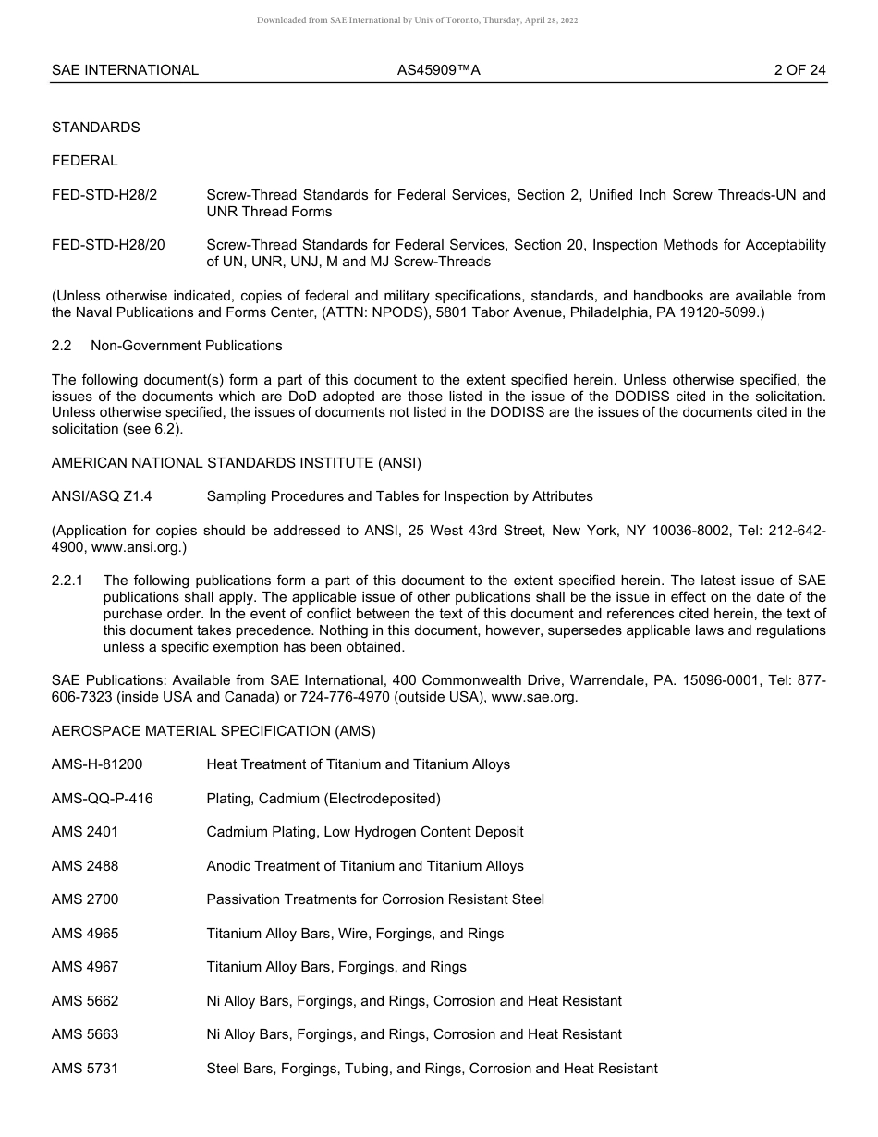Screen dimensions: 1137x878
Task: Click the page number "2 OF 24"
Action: (x=799, y=69)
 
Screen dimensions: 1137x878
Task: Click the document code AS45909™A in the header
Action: (x=439, y=69)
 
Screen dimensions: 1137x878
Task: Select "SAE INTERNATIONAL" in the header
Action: (x=125, y=69)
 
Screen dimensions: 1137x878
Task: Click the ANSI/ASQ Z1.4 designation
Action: (x=102, y=496)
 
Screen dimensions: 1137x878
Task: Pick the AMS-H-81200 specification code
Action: (x=97, y=764)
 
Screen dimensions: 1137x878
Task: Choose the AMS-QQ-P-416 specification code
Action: (x=102, y=799)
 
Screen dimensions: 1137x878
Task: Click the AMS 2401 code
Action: (x=85, y=832)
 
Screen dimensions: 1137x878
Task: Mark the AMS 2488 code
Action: (x=85, y=866)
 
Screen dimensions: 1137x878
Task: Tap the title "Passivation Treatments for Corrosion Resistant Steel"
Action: (x=375, y=899)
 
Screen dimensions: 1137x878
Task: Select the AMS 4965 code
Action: (x=85, y=934)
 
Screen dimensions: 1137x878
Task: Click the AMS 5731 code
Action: (x=85, y=1069)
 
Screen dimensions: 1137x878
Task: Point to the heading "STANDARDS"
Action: (x=96, y=128)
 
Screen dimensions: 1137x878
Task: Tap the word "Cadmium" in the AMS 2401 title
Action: (x=235, y=832)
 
